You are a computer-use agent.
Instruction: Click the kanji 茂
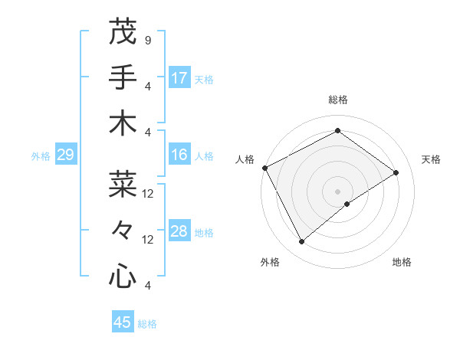click(x=123, y=31)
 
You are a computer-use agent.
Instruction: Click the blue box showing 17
click(x=179, y=78)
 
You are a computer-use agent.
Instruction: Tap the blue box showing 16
click(x=179, y=155)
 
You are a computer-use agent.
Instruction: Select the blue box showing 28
click(x=179, y=232)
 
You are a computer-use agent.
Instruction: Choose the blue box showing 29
click(x=65, y=155)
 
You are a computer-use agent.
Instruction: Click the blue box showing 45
click(x=123, y=322)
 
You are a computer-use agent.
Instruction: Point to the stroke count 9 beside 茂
click(x=147, y=40)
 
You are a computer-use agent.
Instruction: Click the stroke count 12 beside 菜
click(x=148, y=194)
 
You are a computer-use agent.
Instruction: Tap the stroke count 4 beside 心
click(x=147, y=286)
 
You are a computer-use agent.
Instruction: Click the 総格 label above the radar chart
click(x=337, y=100)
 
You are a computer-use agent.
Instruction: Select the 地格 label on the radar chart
click(x=402, y=262)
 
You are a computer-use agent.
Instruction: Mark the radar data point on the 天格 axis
click(x=396, y=172)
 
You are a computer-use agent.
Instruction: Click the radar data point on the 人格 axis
click(x=264, y=168)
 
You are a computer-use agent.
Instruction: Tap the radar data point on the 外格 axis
click(x=301, y=242)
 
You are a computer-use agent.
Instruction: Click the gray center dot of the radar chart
click(x=337, y=190)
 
